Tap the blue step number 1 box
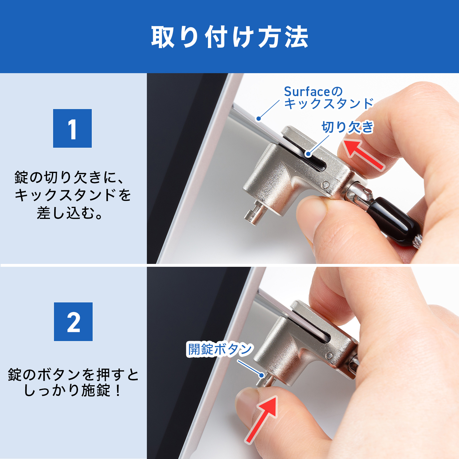point(72,128)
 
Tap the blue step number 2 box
point(73,322)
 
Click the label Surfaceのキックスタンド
point(328,98)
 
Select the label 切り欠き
point(347,127)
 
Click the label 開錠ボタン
point(219,349)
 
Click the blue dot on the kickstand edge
point(258,118)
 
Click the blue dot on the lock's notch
point(308,154)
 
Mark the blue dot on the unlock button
point(262,375)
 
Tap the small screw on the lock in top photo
point(326,185)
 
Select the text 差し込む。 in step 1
point(70,213)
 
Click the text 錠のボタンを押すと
point(73,374)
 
